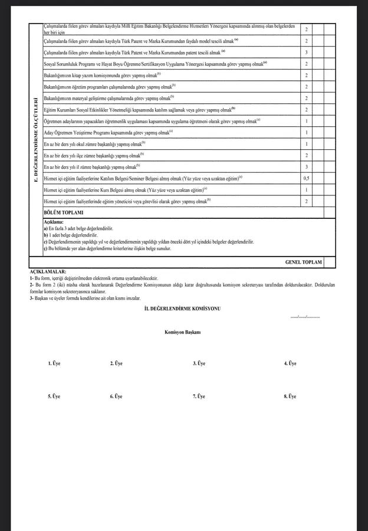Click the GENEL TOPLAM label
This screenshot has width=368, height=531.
pos(303,262)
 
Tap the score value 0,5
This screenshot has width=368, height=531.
pos(306,178)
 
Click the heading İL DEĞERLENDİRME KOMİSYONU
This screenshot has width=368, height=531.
pos(183,309)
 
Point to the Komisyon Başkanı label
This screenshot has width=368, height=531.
pos(183,332)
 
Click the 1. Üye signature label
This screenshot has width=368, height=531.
pos(54,363)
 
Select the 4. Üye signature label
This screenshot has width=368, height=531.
pos(290,363)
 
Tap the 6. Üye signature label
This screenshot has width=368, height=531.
pos(116,396)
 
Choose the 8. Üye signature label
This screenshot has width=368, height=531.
pos(290,396)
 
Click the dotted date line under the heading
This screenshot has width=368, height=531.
pos(305,317)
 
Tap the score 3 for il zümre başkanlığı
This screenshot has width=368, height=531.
pos(306,167)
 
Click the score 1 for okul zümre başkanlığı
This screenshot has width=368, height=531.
pos(306,144)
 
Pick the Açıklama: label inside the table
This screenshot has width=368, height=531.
pos(54,222)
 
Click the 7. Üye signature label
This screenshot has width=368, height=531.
pos(199,396)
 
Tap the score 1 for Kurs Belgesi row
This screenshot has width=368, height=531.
pos(306,190)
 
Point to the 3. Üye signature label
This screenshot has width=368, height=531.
pos(199,363)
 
